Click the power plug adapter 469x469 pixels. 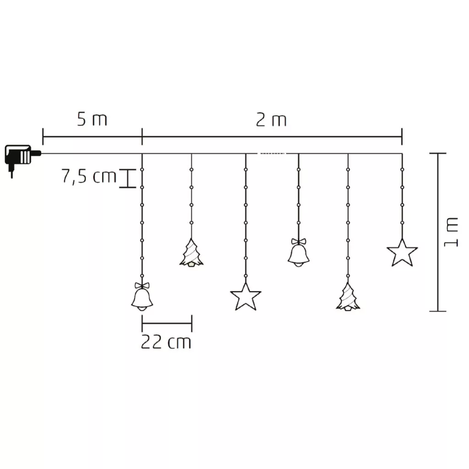[21, 158]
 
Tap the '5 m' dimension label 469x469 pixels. [92, 120]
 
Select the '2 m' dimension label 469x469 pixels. [271, 120]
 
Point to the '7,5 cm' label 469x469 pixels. [89, 176]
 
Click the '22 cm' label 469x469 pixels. [166, 342]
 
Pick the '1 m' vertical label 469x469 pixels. [451, 232]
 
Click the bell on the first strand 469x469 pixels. [142, 296]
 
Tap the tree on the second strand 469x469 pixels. [191, 253]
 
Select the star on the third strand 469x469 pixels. [245, 297]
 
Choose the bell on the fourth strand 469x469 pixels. [299, 252]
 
